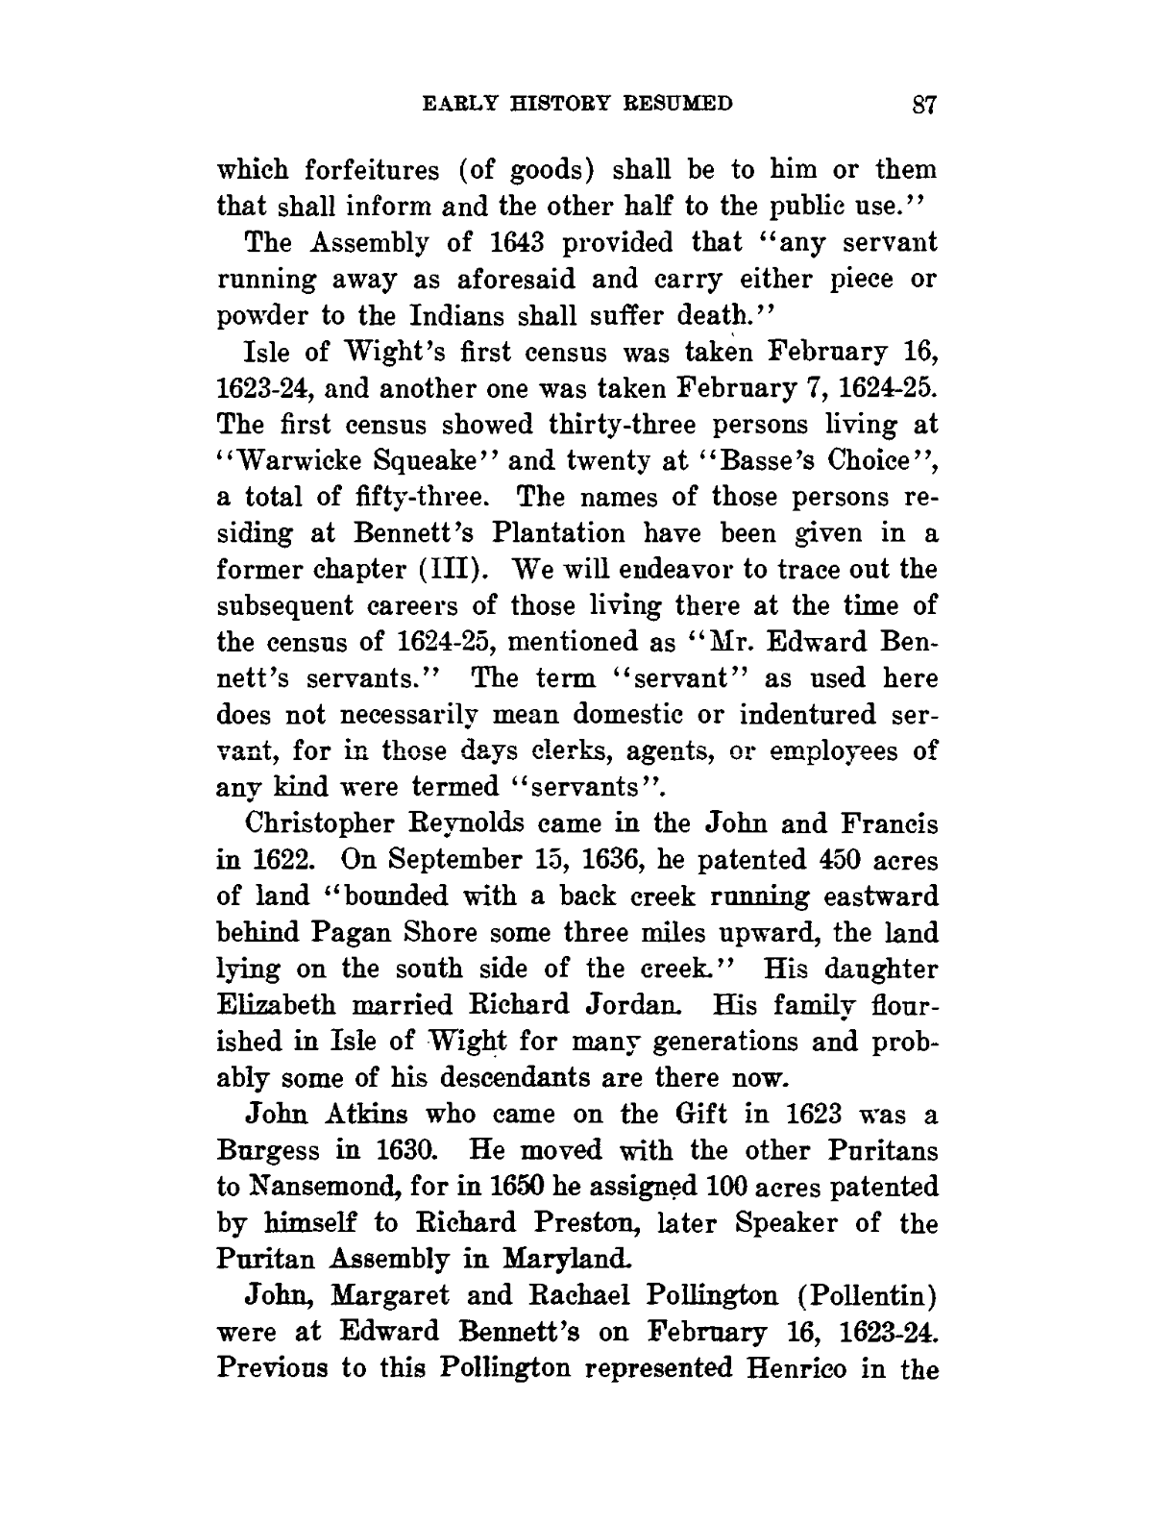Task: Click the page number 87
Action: click(924, 105)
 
